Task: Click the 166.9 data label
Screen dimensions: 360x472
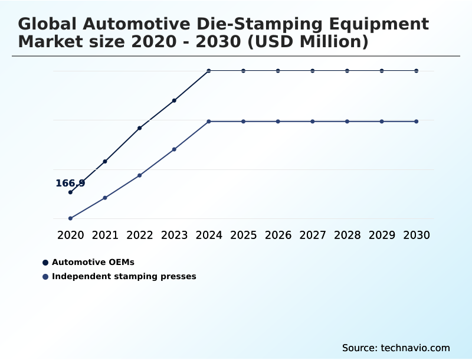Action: coord(70,184)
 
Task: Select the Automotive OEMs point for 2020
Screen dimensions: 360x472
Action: coord(70,192)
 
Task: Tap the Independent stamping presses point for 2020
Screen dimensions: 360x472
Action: coord(70,218)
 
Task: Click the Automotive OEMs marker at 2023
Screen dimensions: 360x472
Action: coord(174,100)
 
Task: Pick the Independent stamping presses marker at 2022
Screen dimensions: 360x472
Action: coord(140,175)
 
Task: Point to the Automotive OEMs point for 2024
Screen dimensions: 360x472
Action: coord(209,71)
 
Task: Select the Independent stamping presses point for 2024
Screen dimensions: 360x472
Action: coord(209,122)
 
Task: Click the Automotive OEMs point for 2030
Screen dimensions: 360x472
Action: coord(417,71)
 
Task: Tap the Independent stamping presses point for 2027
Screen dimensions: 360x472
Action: coord(313,122)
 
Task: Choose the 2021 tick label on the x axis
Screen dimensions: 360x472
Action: coord(105,235)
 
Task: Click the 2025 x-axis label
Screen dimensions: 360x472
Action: coord(244,235)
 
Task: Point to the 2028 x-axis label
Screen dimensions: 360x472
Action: coord(348,235)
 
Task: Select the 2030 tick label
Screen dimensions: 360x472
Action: coord(417,235)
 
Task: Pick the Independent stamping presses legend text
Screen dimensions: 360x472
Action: coord(124,276)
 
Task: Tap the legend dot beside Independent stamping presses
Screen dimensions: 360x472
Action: coord(45,277)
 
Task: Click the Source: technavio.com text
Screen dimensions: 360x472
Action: coord(396,348)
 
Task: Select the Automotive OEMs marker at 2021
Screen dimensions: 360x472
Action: coord(105,161)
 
